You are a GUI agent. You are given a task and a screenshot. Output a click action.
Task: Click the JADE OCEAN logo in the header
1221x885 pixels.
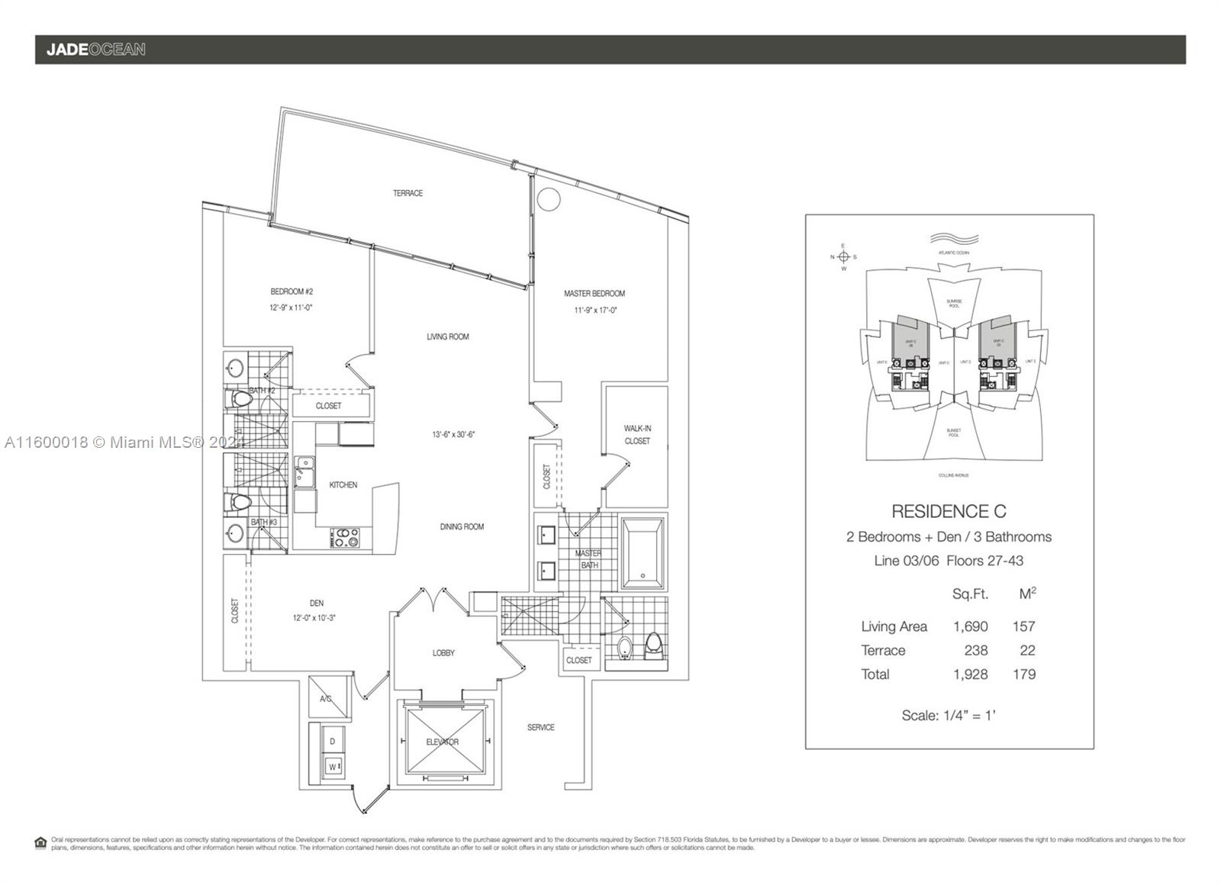tap(95, 50)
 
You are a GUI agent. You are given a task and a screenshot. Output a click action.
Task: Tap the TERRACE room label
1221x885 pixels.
tap(408, 193)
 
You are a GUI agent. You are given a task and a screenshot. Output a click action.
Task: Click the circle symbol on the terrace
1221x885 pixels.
tap(548, 199)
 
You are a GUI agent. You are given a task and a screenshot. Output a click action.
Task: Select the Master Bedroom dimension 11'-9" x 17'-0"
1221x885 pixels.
tap(595, 311)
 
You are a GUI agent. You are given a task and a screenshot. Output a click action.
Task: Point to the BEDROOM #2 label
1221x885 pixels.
tap(292, 291)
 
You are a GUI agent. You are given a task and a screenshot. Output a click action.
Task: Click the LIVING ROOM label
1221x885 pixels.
tap(448, 336)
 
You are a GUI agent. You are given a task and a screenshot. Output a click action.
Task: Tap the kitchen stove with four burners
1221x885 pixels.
tap(344, 537)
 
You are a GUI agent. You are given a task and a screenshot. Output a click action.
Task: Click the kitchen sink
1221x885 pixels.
tap(305, 471)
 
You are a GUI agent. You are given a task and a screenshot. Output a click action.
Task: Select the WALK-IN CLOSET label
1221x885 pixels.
tap(637, 435)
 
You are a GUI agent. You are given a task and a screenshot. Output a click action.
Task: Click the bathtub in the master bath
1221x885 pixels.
tap(642, 553)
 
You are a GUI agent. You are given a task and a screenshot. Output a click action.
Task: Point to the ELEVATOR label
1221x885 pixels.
tap(443, 742)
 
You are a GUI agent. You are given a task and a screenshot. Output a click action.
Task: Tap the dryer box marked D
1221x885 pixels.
tap(333, 741)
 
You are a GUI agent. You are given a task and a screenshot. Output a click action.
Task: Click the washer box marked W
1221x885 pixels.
tap(333, 766)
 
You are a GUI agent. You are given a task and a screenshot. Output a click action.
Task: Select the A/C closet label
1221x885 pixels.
tap(326, 698)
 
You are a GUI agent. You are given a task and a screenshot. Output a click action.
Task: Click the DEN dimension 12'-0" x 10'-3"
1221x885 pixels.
tap(314, 618)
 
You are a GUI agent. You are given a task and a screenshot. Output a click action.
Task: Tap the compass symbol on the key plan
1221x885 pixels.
tap(843, 257)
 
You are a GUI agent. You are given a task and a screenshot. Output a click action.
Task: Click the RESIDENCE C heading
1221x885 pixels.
tap(949, 511)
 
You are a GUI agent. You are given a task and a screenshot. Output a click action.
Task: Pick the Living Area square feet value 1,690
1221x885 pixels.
tap(970, 626)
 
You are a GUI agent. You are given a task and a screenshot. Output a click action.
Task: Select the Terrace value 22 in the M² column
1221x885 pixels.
tap(1026, 651)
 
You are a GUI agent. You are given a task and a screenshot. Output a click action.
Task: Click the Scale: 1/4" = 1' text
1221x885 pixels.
tap(949, 716)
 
